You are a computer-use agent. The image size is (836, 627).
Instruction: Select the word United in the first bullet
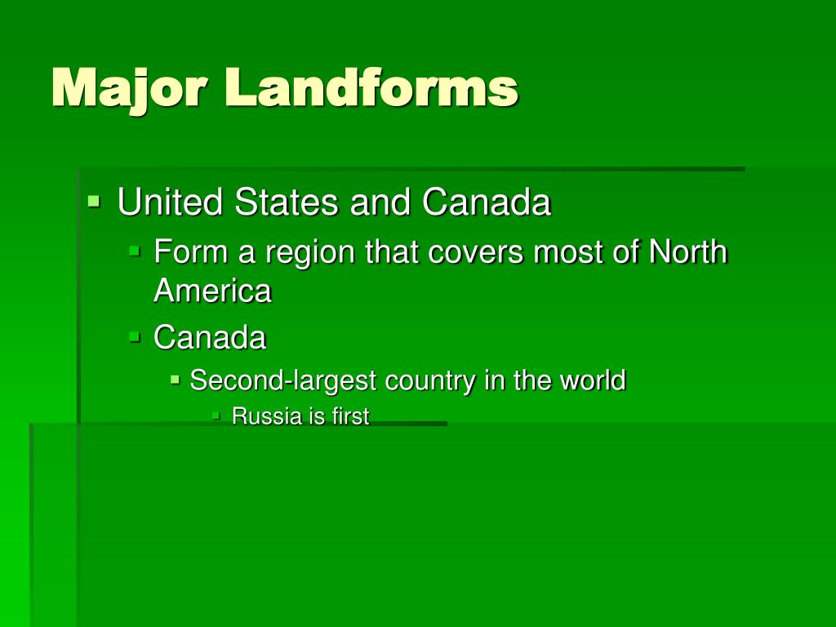tap(171, 202)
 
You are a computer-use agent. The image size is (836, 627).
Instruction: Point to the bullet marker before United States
tap(94, 199)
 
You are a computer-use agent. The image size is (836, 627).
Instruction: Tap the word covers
tap(487, 252)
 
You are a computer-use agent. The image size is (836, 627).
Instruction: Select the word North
tap(687, 251)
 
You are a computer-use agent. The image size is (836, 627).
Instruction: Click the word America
tap(212, 291)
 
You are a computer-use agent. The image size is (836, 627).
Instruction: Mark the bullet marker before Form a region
tap(135, 250)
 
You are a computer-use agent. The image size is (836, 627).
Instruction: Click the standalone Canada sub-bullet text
tap(210, 337)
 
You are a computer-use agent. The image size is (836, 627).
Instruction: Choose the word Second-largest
tap(283, 380)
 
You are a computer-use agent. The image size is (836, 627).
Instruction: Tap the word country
tap(430, 380)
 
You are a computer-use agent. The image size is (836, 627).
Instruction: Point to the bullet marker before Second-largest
tap(175, 378)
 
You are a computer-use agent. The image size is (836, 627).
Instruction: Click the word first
tap(350, 416)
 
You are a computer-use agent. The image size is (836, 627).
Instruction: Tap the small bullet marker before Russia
tap(216, 415)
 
